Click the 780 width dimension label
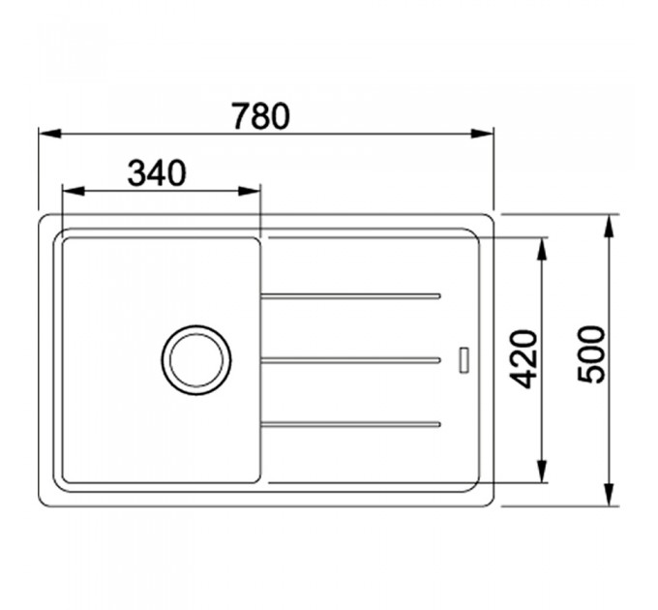[261, 116]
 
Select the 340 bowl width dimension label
[157, 173]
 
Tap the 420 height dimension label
[523, 359]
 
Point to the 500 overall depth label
[591, 354]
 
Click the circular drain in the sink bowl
[196, 360]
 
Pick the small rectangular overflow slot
[464, 360]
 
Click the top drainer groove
[350, 296]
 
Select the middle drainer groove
[350, 360]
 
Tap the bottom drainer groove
[350, 424]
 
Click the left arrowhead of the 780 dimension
[50, 134]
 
